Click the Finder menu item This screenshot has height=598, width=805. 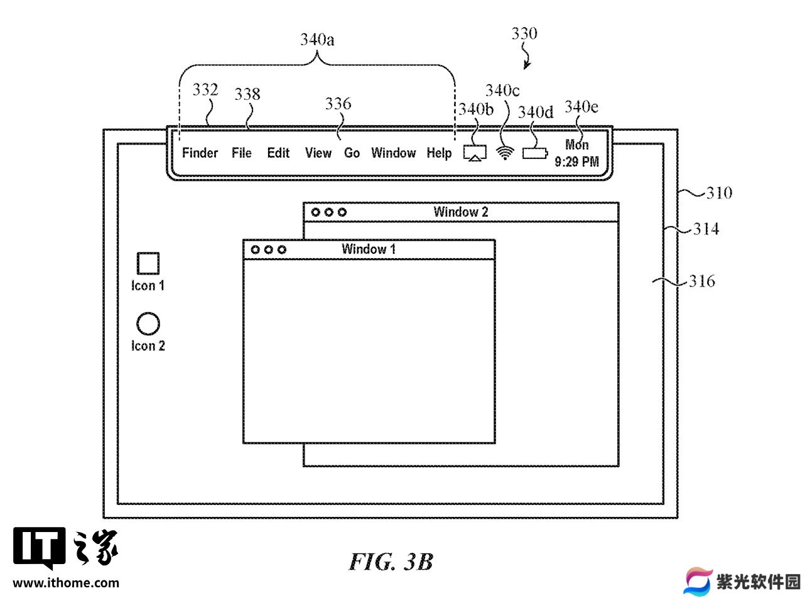coord(200,153)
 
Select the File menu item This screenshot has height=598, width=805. coord(241,153)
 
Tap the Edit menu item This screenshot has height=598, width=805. coord(278,153)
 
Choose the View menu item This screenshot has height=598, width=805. coord(318,153)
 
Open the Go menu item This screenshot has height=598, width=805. coord(352,153)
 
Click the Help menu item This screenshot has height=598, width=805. coord(439,153)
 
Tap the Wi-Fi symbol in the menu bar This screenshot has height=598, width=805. coord(505,153)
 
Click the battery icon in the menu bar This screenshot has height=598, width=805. coord(535,153)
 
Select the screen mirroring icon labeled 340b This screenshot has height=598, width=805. coord(475,153)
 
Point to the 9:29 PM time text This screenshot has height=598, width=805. coord(576,161)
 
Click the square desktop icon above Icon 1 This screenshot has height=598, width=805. coord(148,263)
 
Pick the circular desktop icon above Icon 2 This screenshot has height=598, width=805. coord(148,323)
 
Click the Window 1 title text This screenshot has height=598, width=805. coord(369,249)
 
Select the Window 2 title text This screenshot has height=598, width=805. coord(460,212)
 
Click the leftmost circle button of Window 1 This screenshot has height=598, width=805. coord(256,249)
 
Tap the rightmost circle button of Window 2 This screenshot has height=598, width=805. coord(342,212)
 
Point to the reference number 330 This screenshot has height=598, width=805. coord(524,33)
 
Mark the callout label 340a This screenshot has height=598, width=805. coord(317,39)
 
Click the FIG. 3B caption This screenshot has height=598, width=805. coord(391,562)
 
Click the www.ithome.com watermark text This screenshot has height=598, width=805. coord(66,583)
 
